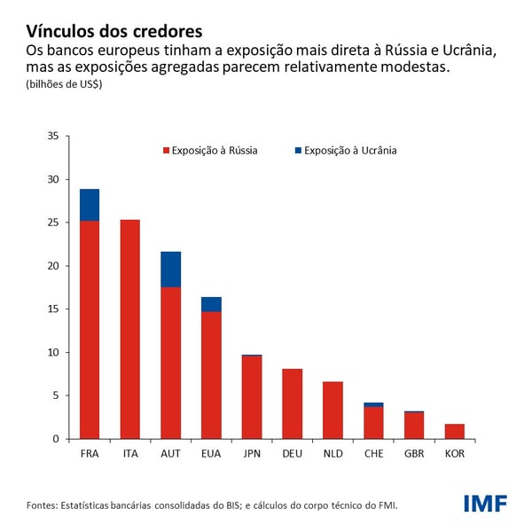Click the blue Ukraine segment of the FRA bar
90,205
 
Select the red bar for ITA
129,329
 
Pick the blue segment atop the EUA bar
211,304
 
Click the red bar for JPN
252,397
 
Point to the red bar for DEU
292,403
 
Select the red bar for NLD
332,410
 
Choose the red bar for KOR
454,431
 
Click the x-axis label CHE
373,454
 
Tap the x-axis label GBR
414,454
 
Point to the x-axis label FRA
90,454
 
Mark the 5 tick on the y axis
54,395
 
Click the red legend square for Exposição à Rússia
165,151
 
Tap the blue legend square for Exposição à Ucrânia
298,151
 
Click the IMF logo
485,504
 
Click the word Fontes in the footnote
41,505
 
